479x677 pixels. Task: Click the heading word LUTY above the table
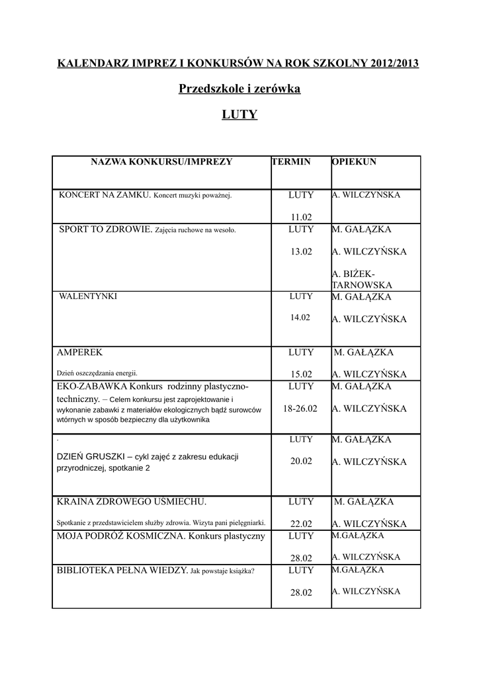point(239,115)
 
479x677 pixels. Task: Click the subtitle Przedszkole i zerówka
point(239,89)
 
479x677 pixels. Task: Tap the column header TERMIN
point(290,162)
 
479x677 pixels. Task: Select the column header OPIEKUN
point(354,162)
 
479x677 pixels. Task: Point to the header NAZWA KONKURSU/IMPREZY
point(161,162)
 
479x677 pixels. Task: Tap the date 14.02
point(300,317)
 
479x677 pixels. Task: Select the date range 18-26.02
point(300,409)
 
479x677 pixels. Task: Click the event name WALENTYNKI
point(88,297)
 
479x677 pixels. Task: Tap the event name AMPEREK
point(80,352)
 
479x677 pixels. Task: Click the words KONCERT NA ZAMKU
point(105,196)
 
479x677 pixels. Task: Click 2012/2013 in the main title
point(395,63)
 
